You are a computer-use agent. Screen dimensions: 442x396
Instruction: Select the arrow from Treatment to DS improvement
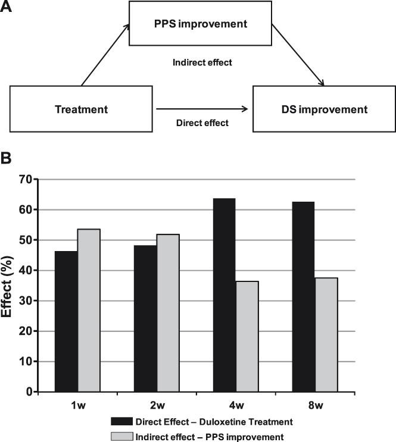[201, 109]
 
